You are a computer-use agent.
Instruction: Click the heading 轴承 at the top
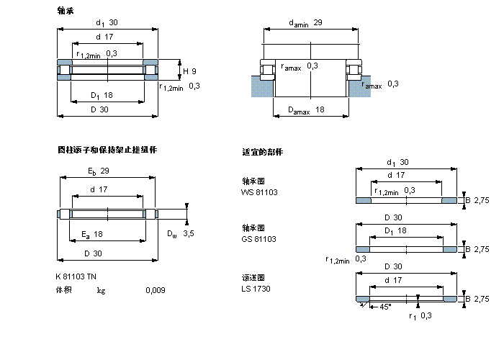click(65, 11)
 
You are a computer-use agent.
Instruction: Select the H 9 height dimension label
click(189, 71)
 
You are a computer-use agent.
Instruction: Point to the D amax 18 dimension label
click(306, 109)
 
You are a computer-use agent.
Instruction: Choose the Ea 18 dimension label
click(92, 234)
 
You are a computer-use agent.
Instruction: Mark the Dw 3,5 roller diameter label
click(180, 233)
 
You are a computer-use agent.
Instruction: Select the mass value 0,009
click(154, 291)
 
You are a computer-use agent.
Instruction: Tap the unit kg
click(102, 291)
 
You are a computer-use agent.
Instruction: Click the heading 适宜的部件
click(263, 153)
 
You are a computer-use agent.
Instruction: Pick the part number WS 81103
click(259, 192)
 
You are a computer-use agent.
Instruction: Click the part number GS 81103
click(259, 238)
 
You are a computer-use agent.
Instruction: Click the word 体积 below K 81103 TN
click(64, 291)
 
